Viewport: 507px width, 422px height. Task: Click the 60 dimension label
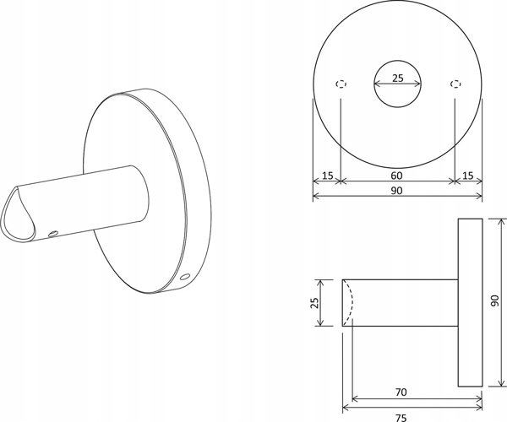[x=396, y=176]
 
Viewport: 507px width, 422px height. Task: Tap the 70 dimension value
[x=401, y=392]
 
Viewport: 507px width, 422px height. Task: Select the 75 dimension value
[x=401, y=418]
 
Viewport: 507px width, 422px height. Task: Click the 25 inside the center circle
[x=398, y=78]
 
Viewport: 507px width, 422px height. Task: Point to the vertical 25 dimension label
[x=314, y=302]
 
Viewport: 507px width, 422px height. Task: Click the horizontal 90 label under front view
[x=396, y=191]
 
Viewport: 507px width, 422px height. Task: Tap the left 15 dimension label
[x=327, y=176]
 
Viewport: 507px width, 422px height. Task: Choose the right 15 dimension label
[x=467, y=176]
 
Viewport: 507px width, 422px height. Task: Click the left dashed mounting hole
[x=341, y=84]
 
